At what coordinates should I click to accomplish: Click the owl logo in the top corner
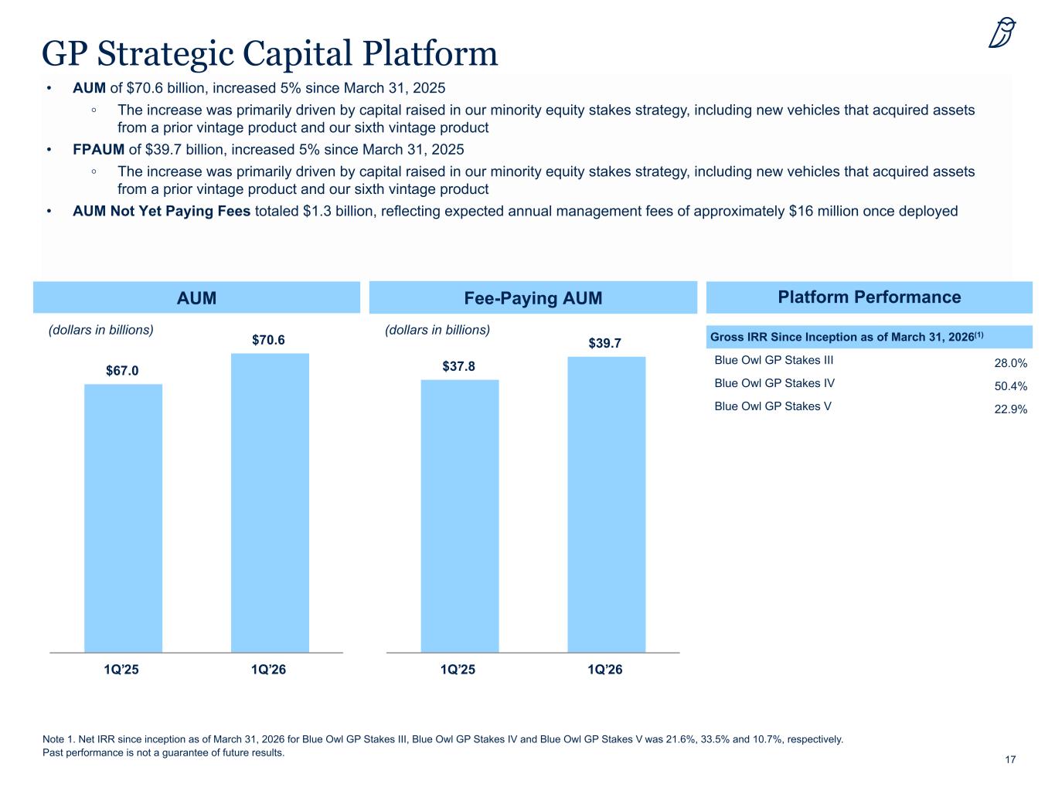click(x=1002, y=32)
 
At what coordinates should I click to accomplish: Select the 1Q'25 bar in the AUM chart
click(x=123, y=518)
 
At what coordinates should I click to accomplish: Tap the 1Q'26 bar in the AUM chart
click(x=270, y=503)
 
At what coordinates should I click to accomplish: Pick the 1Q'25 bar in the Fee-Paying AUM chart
click(x=460, y=516)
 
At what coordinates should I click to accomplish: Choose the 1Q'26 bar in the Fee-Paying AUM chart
click(x=607, y=504)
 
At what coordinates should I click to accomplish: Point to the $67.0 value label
click(x=122, y=371)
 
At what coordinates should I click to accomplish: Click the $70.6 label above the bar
click(x=268, y=340)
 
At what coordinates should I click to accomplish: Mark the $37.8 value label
click(x=458, y=366)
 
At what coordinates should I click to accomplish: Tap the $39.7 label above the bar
click(x=604, y=343)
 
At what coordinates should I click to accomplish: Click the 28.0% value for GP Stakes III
click(x=1010, y=363)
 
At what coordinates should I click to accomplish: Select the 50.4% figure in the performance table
click(x=1010, y=386)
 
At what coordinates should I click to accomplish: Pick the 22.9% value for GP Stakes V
click(x=1010, y=409)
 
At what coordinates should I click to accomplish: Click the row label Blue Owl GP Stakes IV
click(x=774, y=383)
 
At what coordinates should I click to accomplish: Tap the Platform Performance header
click(x=869, y=297)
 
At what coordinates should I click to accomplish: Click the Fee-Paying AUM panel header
click(x=533, y=297)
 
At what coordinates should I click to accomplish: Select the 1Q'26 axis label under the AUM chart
click(x=268, y=670)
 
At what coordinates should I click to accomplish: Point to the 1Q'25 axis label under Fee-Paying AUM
click(x=458, y=670)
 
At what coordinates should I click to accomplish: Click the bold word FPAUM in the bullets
click(x=98, y=149)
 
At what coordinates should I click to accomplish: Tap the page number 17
click(x=1010, y=759)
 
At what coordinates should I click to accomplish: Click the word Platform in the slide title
click(x=430, y=53)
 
